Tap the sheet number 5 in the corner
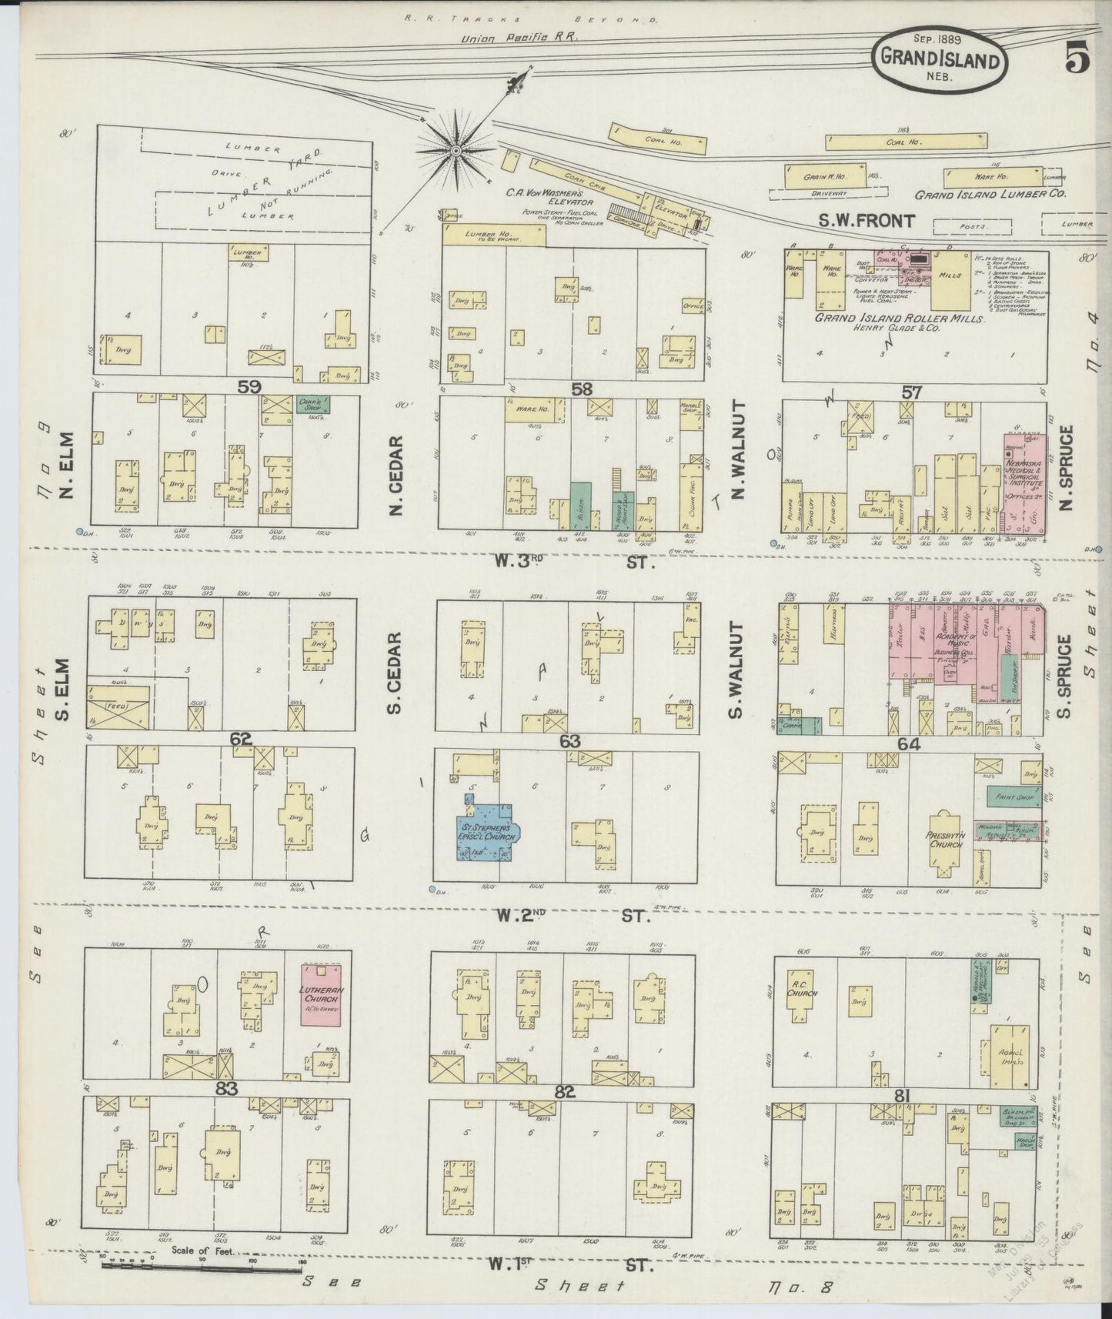[1077, 60]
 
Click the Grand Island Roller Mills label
[899, 319]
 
